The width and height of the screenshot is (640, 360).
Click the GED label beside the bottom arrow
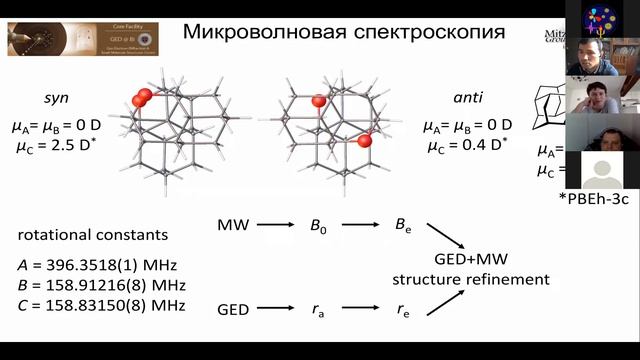click(x=233, y=310)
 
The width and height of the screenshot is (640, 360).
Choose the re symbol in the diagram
click(x=403, y=310)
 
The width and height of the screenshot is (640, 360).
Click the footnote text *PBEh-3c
click(x=595, y=200)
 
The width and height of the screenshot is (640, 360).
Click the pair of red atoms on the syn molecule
click(x=143, y=97)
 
